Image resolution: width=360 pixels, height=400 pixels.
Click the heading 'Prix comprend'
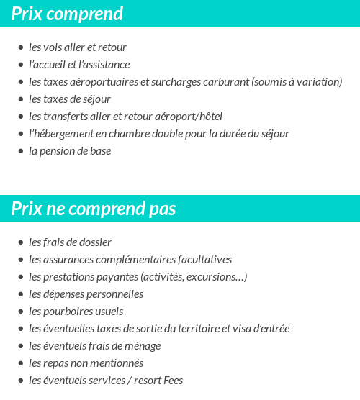pyautogui.click(x=67, y=14)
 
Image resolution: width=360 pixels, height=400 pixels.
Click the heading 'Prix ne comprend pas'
pyautogui.click(x=94, y=209)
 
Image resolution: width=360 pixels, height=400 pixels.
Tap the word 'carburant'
pyautogui.click(x=226, y=82)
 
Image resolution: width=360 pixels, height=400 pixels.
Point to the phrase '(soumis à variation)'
pyautogui.click(x=297, y=82)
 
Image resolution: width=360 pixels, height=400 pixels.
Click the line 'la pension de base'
pyautogui.click(x=70, y=151)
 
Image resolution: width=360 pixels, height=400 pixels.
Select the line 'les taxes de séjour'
pyautogui.click(x=70, y=99)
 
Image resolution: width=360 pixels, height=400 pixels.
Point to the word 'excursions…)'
pyautogui.click(x=219, y=277)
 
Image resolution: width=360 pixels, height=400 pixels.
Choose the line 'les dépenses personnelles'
pyautogui.click(x=86, y=294)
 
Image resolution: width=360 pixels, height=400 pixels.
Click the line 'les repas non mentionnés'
pyautogui.click(x=86, y=363)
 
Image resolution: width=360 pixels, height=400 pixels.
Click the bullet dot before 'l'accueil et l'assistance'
pyautogui.click(x=21, y=65)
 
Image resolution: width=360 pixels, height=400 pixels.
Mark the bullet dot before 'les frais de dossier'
pyautogui.click(x=21, y=242)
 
